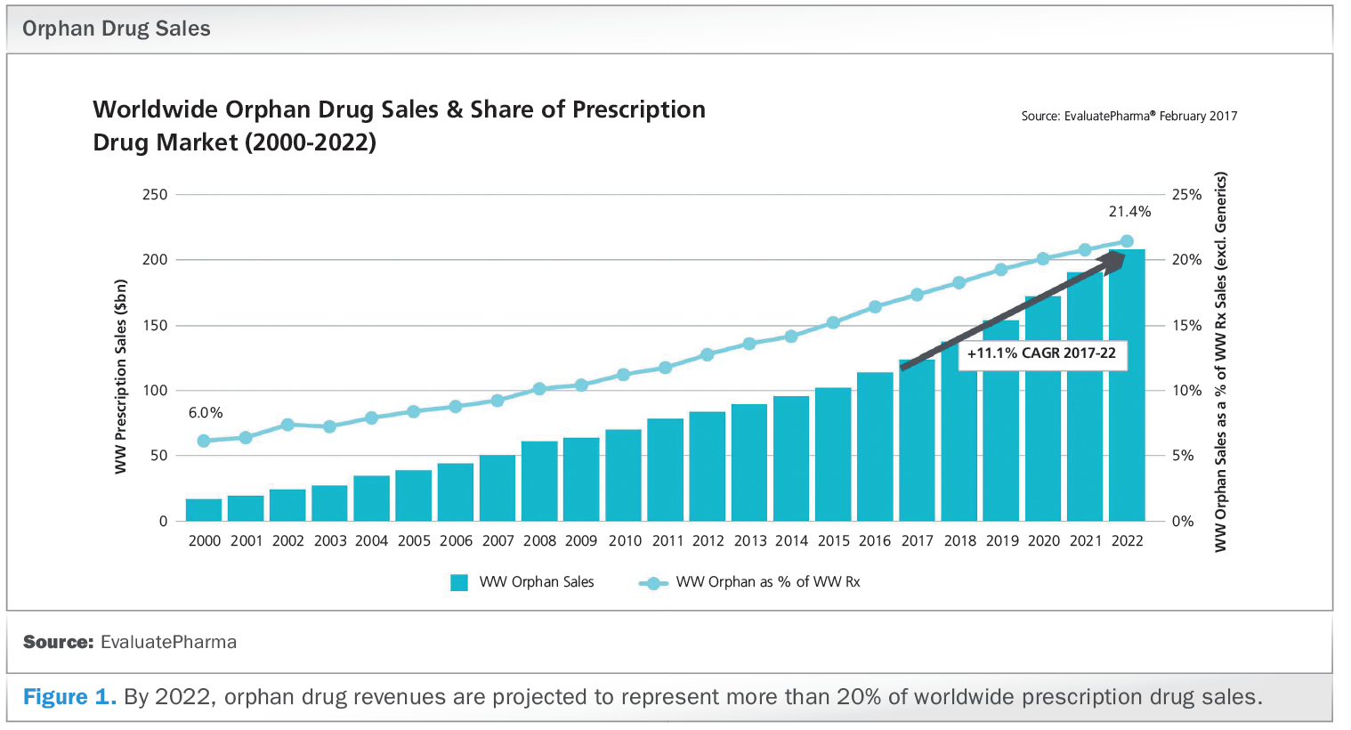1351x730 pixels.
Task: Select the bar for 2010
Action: pos(623,475)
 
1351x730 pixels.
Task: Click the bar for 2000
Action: pos(204,510)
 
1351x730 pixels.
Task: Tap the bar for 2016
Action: pos(875,447)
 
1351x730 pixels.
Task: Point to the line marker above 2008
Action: pos(539,389)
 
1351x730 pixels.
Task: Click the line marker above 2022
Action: pos(1127,241)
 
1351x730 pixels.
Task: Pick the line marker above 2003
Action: pos(330,426)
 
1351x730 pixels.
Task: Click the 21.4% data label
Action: pos(1129,212)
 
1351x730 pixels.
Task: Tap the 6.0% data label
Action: pos(206,413)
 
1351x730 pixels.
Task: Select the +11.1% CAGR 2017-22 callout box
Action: pos(1041,353)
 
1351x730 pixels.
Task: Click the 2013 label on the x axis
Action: pos(750,541)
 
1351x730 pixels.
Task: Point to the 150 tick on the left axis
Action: pos(155,325)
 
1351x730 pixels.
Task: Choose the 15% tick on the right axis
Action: pos(1186,325)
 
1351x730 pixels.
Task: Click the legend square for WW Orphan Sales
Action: pos(459,583)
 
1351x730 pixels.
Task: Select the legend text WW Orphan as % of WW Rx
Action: pos(768,582)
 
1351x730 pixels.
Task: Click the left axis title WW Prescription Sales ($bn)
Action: pos(121,377)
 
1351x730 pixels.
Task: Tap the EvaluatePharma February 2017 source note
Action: pos(1129,116)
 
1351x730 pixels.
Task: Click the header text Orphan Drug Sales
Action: pos(117,28)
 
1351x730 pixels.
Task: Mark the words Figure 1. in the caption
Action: pos(69,697)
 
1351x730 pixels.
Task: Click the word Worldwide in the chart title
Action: pos(156,109)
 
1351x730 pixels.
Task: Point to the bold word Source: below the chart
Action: pos(58,642)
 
